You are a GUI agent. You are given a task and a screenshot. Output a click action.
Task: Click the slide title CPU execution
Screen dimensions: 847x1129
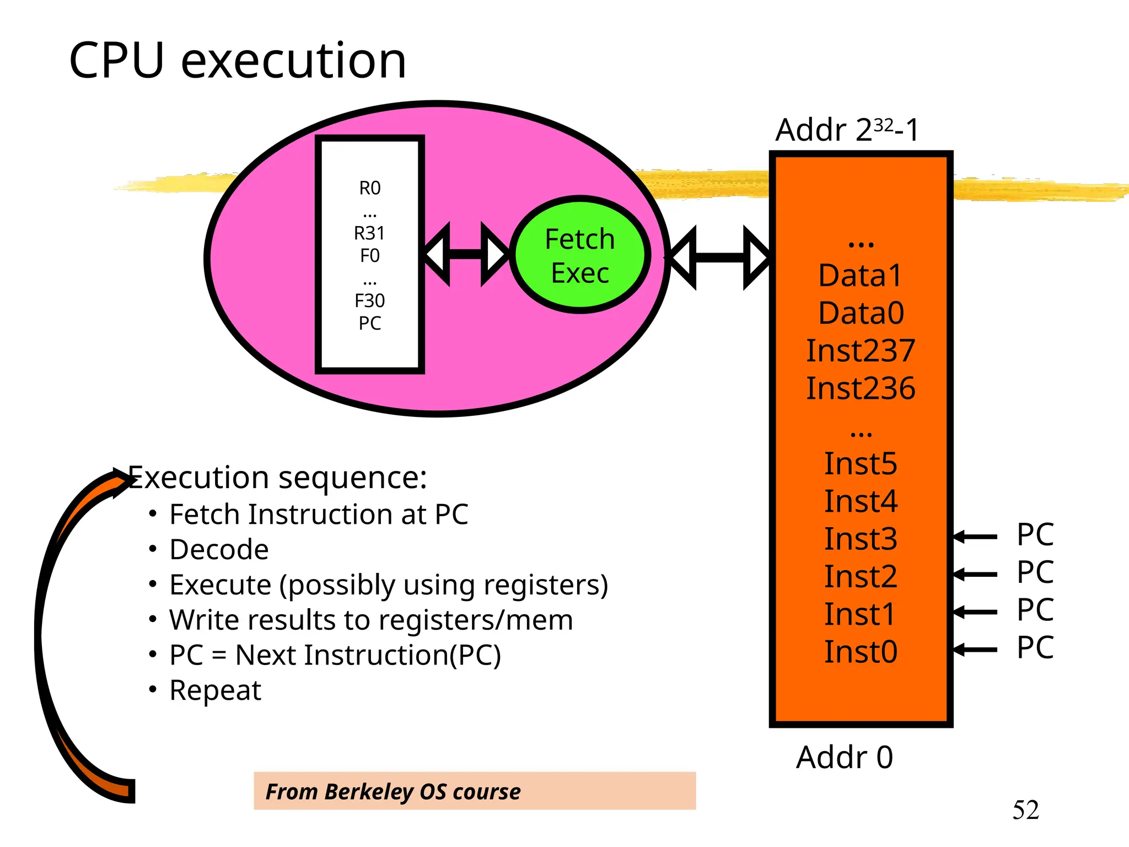point(237,61)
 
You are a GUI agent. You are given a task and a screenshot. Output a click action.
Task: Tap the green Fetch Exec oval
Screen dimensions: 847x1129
point(580,255)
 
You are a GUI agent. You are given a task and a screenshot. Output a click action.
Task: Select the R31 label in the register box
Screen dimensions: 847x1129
point(369,233)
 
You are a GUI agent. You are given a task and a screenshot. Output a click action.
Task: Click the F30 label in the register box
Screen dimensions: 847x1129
point(369,301)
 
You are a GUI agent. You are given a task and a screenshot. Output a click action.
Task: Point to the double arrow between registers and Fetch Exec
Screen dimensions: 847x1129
point(466,254)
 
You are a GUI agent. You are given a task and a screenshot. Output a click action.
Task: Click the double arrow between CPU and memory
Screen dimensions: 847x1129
point(719,257)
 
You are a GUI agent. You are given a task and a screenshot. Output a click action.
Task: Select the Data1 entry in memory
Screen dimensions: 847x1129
point(861,275)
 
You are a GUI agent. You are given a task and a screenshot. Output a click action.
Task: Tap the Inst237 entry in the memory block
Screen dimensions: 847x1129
point(861,351)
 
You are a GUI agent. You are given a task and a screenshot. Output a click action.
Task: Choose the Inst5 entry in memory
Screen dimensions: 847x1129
point(861,464)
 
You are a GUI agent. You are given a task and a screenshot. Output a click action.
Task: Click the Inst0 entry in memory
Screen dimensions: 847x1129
point(861,652)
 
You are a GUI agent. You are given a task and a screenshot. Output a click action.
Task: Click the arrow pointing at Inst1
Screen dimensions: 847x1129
point(975,612)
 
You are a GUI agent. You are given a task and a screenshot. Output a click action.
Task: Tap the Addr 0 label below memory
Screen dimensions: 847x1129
point(844,757)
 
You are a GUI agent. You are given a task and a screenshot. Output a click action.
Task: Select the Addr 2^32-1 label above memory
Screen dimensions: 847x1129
point(847,130)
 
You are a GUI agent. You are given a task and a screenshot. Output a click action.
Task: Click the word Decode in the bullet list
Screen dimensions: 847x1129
point(219,550)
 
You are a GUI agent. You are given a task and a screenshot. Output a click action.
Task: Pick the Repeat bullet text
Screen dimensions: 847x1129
point(215,690)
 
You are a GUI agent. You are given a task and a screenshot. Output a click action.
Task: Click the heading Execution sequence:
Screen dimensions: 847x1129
point(277,478)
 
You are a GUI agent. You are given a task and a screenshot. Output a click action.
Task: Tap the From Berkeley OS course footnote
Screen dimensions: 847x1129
point(393,792)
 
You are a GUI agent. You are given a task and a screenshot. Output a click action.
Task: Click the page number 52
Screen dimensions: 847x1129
point(1025,810)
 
